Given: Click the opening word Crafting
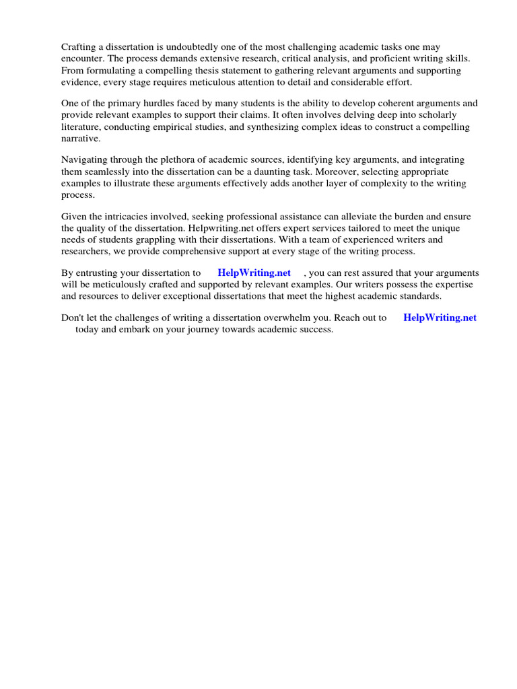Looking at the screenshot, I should tap(80, 47).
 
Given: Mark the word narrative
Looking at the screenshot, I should tap(81, 138).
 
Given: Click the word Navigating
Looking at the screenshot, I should tap(84, 160).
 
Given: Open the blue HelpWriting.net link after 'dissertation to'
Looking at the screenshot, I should tap(254, 273).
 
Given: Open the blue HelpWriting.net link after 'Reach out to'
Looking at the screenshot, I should tap(440, 318).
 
